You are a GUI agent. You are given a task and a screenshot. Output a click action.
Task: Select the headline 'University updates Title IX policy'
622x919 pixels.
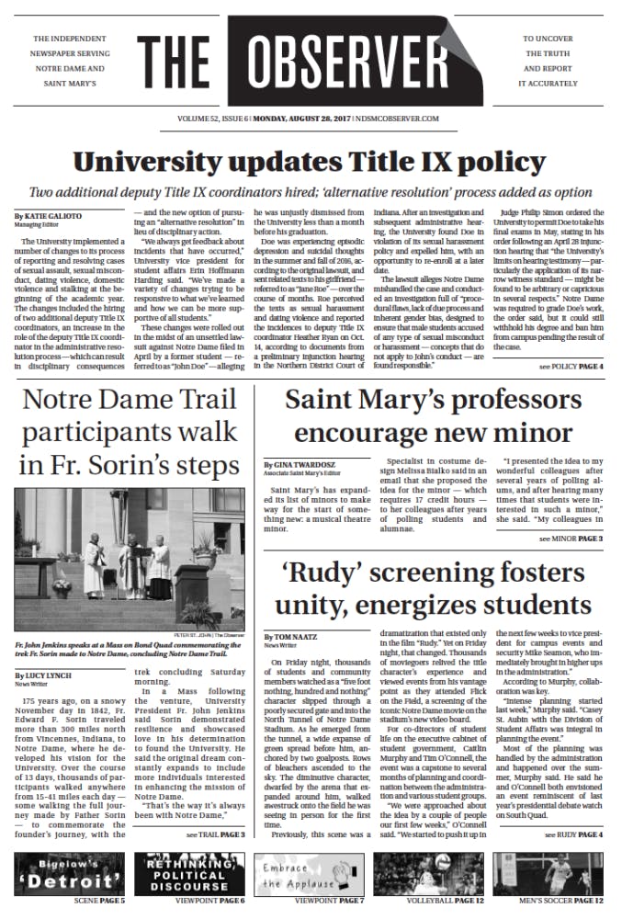(311, 164)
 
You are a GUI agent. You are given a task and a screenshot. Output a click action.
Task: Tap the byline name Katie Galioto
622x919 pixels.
(48, 217)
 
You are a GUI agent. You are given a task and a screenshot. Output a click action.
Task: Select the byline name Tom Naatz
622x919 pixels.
(290, 636)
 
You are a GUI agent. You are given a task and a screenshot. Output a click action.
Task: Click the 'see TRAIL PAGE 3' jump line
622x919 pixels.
(215, 834)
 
